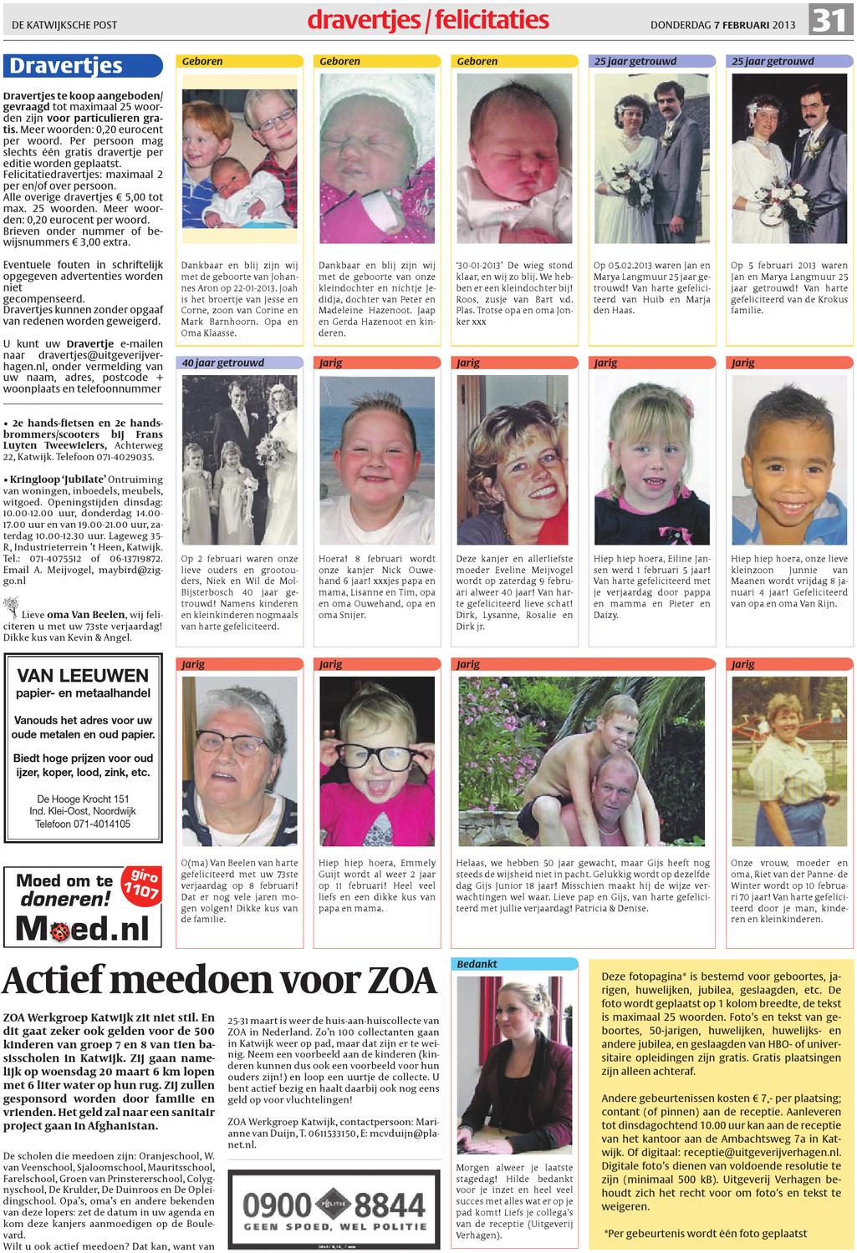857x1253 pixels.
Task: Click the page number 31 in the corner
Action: (x=829, y=20)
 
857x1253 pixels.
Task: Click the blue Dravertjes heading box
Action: (x=82, y=66)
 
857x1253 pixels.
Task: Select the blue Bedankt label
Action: (x=477, y=964)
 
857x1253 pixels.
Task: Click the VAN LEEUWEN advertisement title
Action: (x=83, y=676)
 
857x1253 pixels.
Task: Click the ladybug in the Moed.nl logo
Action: (x=57, y=929)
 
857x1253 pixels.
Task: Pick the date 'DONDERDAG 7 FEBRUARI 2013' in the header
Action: (x=722, y=25)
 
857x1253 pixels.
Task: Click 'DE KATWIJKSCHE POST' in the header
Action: (x=64, y=25)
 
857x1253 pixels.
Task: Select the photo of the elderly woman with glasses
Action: (x=239, y=761)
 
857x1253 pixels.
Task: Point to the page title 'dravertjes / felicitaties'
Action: (x=428, y=20)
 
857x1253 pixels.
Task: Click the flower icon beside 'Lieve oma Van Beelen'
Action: (x=12, y=605)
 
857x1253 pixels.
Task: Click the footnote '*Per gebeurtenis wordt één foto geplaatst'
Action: (x=705, y=1233)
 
